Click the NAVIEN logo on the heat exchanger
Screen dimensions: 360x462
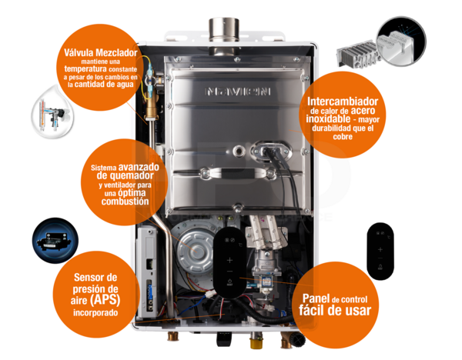tap(239, 90)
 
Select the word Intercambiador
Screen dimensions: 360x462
tap(341, 102)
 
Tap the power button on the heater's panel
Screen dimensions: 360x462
tap(229, 240)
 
